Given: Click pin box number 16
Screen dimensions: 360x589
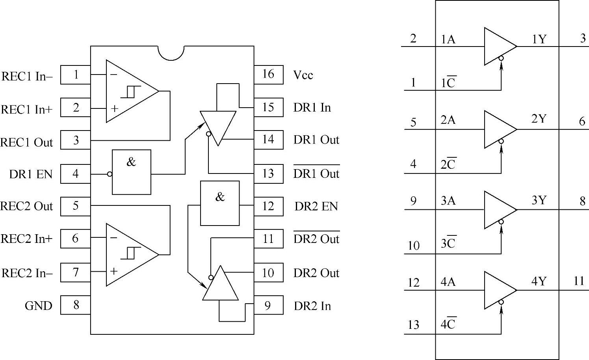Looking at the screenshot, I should click(x=268, y=75).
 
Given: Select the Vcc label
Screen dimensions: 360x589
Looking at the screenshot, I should click(x=303, y=75).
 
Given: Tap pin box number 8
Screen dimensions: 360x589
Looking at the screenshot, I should click(x=76, y=305).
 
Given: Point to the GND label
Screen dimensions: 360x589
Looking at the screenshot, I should click(x=38, y=306).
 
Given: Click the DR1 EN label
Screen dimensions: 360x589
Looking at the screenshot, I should click(x=31, y=174).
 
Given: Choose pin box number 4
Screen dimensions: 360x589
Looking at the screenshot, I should click(x=76, y=174).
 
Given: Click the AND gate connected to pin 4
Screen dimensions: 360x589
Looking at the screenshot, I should click(x=132, y=172).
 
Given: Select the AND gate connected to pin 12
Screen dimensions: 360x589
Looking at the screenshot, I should click(x=220, y=203).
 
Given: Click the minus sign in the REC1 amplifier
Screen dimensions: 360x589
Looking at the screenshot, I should click(x=113, y=74).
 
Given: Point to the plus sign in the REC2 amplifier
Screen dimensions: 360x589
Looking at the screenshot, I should click(x=114, y=271).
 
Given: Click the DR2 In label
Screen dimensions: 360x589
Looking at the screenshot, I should click(x=312, y=306).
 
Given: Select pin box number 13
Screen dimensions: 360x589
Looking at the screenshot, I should click(x=268, y=173).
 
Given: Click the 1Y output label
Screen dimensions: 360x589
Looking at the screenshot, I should click(x=539, y=39).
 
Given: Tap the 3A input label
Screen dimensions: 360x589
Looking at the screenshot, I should click(x=448, y=201).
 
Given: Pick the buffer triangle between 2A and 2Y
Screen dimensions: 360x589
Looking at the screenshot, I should click(x=499, y=129).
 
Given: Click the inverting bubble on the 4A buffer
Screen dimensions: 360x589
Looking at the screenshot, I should click(x=501, y=302).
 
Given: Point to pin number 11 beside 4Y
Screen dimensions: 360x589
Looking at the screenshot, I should click(x=578, y=281).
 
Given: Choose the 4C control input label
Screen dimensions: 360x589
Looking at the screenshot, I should click(x=448, y=324).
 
